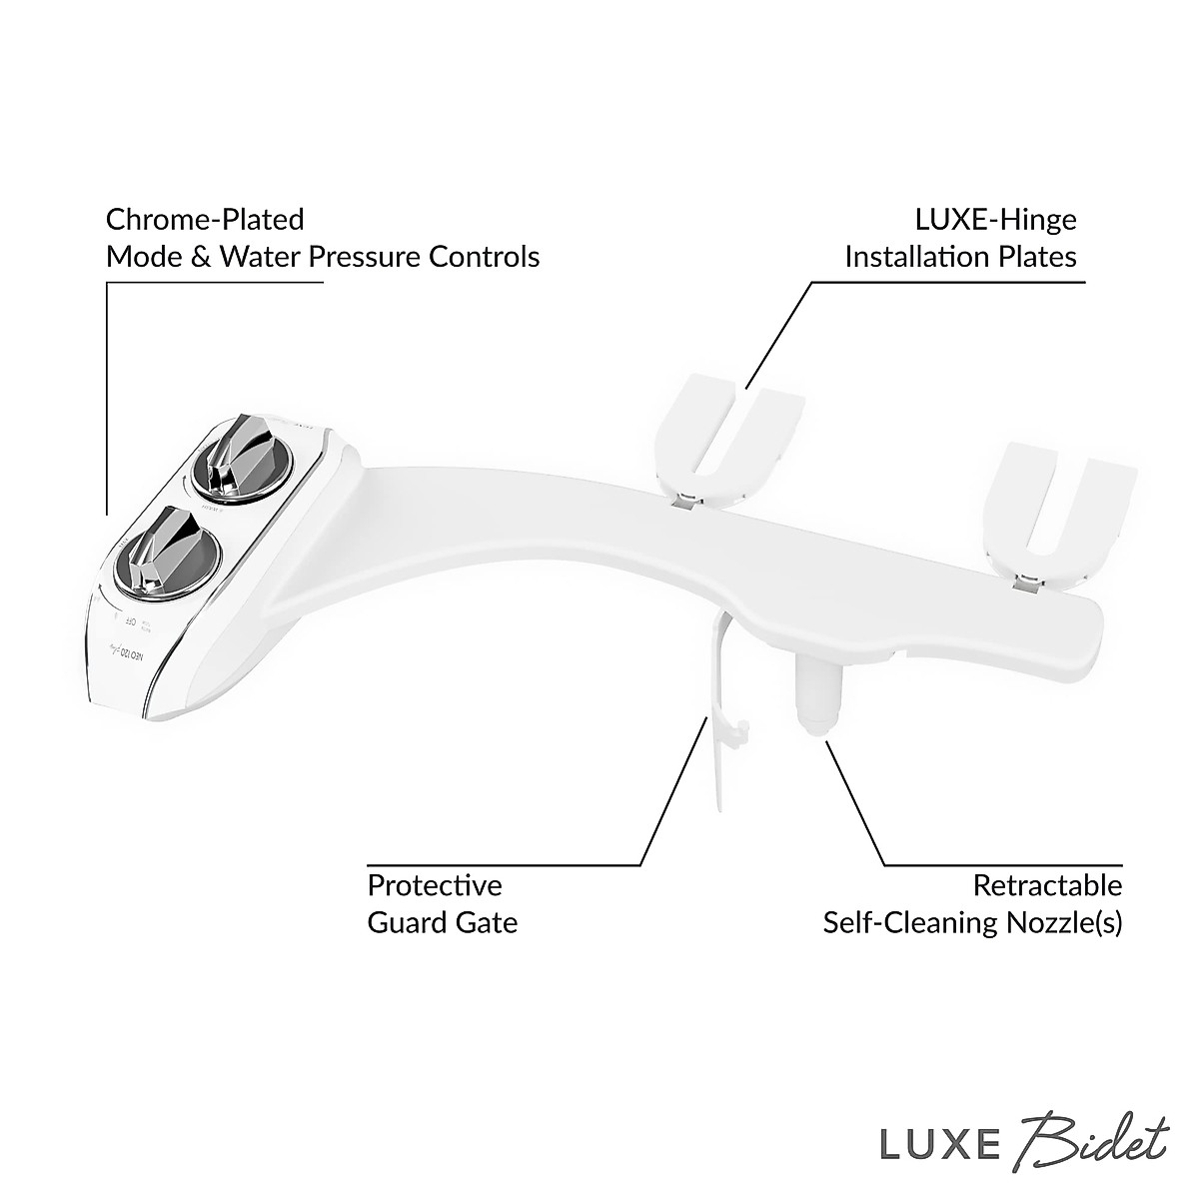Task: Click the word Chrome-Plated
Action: (x=205, y=219)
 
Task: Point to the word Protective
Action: (x=435, y=885)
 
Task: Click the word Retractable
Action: (x=1047, y=885)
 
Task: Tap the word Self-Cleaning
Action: (x=904, y=921)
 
